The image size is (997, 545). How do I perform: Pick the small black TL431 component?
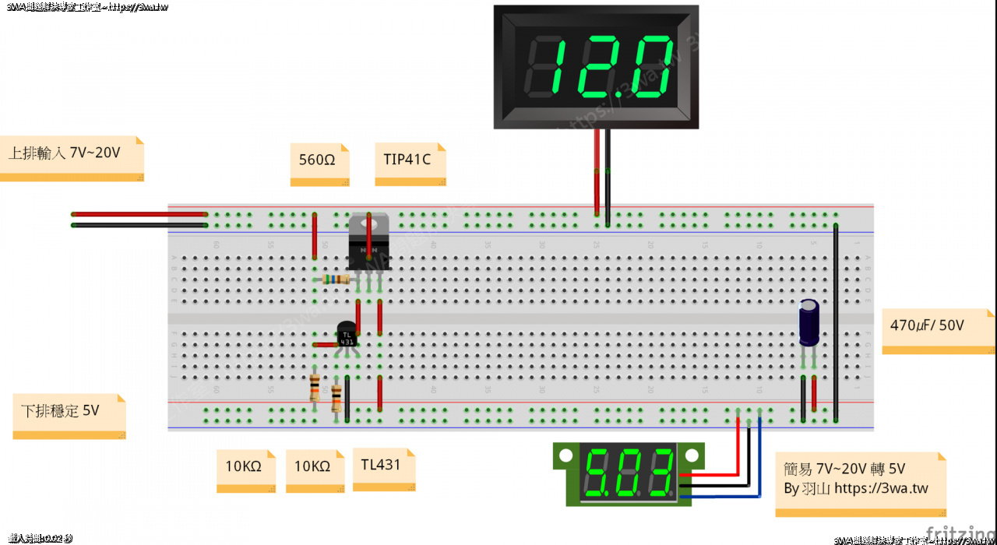[x=347, y=336]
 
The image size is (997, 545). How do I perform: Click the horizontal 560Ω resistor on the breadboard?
[x=336, y=279]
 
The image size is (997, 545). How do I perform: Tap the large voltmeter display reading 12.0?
[x=596, y=67]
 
